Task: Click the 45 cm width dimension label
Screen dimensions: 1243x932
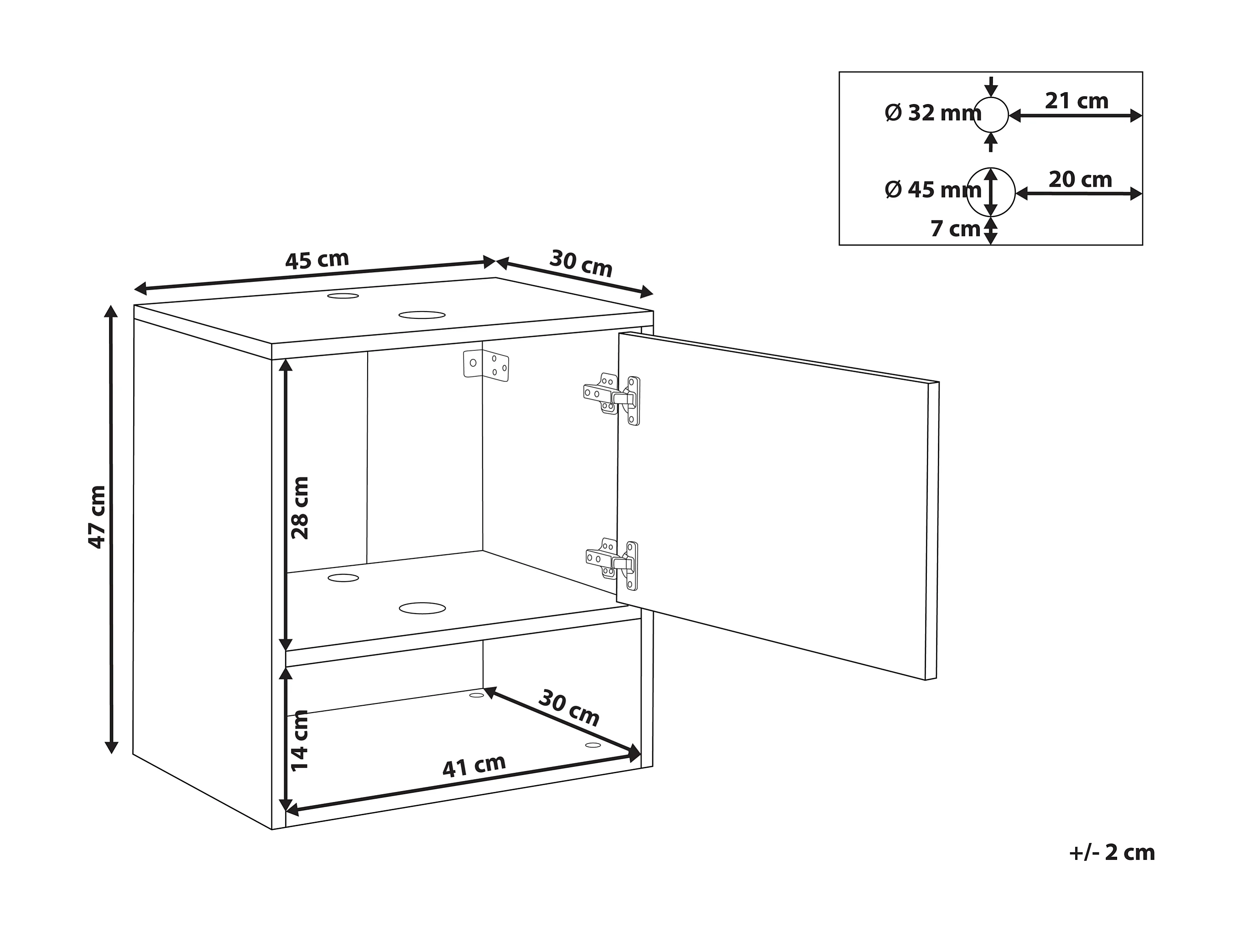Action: click(x=317, y=260)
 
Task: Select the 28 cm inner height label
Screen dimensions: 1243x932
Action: click(x=301, y=508)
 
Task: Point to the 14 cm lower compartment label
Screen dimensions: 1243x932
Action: click(x=300, y=741)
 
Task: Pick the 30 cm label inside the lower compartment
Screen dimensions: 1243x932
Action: click(x=569, y=708)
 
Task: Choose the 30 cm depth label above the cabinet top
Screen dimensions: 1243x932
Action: click(x=581, y=263)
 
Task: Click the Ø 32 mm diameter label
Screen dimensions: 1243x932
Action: click(x=933, y=113)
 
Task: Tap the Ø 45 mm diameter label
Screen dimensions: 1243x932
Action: click(x=933, y=190)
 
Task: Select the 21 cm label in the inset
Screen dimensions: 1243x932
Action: click(x=1077, y=101)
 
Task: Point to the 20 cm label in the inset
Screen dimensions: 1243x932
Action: click(x=1080, y=180)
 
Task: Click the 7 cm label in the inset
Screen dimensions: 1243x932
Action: click(x=955, y=229)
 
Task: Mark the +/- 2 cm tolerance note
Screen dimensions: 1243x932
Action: click(x=1112, y=852)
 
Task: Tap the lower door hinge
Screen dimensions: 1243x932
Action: click(x=614, y=564)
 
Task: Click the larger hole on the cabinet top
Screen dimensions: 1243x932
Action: click(x=422, y=315)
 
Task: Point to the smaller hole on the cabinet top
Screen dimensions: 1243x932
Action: click(x=343, y=296)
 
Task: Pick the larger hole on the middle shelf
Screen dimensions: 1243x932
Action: click(x=422, y=608)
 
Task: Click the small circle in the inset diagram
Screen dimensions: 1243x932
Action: click(x=991, y=115)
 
